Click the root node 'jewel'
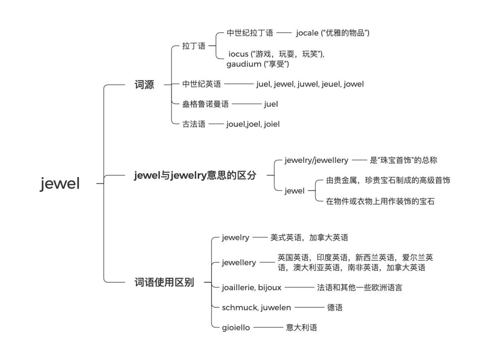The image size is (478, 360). point(60,183)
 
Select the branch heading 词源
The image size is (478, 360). point(144,85)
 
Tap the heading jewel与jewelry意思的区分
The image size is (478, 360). point(195,175)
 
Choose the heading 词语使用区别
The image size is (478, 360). point(164,282)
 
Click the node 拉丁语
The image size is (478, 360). point(194,46)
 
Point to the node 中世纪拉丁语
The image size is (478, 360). point(250,33)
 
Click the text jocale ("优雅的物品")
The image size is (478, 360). point(333,33)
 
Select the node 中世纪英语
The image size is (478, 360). point(201,84)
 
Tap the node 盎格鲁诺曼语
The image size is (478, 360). point(205,105)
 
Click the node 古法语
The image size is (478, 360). point(194,124)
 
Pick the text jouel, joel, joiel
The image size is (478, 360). point(253,124)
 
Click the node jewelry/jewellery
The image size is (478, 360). point(316,160)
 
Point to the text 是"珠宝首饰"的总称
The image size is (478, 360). point(404,160)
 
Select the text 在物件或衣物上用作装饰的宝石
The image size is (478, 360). point(380,201)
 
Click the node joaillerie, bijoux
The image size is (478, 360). point(251,288)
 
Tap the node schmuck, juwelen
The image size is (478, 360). point(256,308)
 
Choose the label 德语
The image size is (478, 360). point(335,308)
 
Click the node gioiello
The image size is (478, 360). point(236,328)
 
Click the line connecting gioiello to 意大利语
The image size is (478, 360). point(268,328)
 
